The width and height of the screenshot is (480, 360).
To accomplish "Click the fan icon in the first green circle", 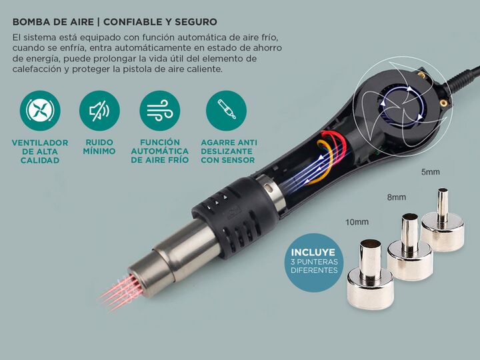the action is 40,111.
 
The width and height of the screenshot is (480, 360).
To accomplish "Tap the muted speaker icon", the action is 99,111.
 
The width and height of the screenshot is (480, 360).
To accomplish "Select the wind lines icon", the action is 159,111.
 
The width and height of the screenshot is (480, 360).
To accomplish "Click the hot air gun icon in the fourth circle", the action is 227,109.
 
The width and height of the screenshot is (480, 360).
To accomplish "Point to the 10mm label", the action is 357,222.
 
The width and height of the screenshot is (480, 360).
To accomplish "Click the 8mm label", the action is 397,197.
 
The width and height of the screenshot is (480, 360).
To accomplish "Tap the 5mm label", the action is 431,172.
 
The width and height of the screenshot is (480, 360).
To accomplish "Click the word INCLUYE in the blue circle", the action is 313,252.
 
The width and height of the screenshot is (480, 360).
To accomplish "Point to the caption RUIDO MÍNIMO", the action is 99,147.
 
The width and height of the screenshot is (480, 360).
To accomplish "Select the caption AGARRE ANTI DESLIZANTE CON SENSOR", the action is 229,151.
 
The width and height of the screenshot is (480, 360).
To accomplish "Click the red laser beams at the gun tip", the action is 120,292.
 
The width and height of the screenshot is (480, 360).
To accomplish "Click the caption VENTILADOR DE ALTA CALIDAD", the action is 40,151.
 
